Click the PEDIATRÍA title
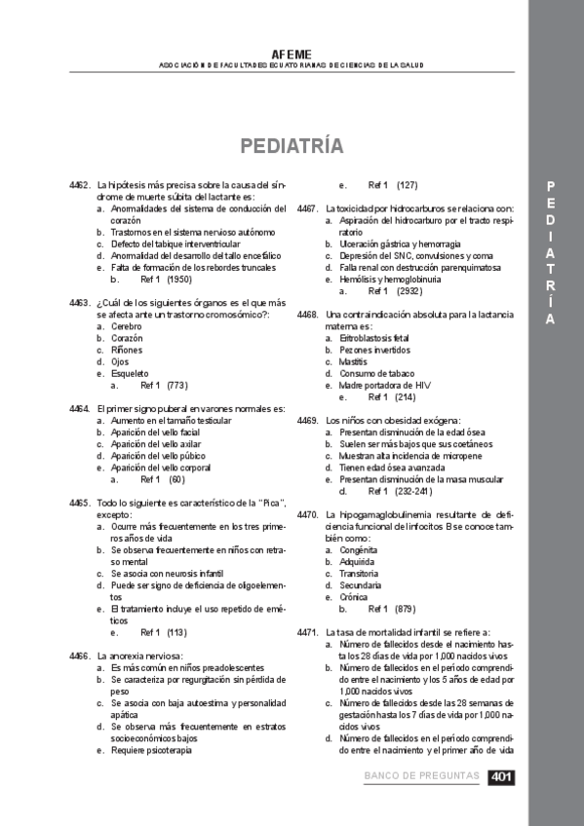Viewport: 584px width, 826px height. (x=292, y=146)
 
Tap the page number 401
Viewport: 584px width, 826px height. (x=501, y=776)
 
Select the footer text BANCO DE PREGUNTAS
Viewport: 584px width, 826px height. (x=421, y=776)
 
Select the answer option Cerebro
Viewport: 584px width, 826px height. (x=126, y=326)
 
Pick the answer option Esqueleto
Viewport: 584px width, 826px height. (x=130, y=373)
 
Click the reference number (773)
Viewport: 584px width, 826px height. (x=176, y=385)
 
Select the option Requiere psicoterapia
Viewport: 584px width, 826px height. (x=151, y=750)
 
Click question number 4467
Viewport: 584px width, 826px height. (x=307, y=208)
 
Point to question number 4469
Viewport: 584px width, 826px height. (x=307, y=421)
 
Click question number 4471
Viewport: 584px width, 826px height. (x=307, y=632)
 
